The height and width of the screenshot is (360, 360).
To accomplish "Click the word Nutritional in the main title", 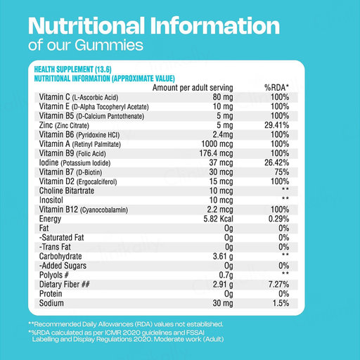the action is point(86,25).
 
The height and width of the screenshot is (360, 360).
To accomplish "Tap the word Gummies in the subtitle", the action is point(109,45).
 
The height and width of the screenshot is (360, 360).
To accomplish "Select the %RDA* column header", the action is point(276,88).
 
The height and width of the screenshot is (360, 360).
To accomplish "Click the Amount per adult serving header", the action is point(193,88).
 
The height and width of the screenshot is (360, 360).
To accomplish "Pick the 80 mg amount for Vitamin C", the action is point(223,97).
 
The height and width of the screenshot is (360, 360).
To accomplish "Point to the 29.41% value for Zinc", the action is point(276,125).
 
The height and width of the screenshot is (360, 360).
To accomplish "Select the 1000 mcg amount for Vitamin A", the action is point(217,144).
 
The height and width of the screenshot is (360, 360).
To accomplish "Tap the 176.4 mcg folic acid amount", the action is point(216,153).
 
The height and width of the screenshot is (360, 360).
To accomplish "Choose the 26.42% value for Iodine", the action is point(276,162).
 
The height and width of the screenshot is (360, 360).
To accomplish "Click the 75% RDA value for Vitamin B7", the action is point(282,172).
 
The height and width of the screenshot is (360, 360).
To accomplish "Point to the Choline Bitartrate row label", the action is point(67,191).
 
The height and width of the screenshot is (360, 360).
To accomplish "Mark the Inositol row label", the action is point(51,200).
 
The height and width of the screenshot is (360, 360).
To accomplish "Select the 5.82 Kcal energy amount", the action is point(218,219).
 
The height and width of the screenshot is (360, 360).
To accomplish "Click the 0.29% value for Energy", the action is point(278,219).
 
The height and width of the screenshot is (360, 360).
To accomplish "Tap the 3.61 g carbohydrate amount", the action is point(223,257).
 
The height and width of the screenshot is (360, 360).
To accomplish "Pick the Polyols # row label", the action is point(53,275).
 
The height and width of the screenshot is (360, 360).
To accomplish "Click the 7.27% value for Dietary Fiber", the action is point(278,285).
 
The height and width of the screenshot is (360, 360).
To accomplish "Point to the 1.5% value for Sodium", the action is point(281,303).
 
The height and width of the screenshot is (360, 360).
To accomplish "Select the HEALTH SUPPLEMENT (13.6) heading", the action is point(72,70).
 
